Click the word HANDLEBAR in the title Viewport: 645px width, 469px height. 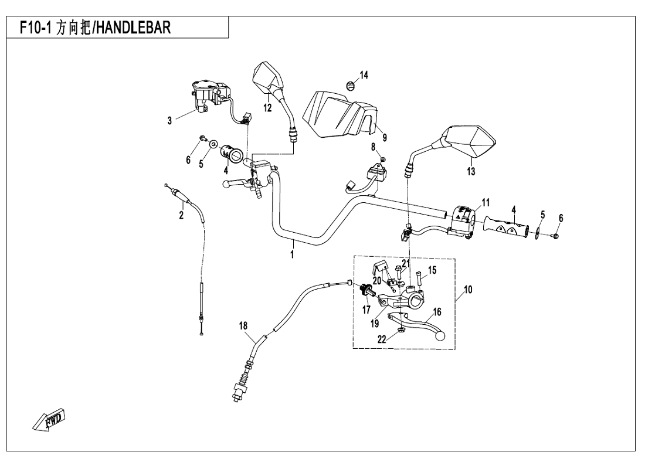pyautogui.click(x=128, y=28)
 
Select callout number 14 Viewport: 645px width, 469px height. pyautogui.click(x=364, y=74)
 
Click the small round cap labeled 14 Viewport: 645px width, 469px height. pyautogui.click(x=351, y=86)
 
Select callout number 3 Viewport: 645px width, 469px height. pyautogui.click(x=169, y=121)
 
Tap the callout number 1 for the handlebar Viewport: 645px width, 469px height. pyautogui.click(x=291, y=255)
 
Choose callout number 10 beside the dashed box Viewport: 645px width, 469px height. pyautogui.click(x=467, y=289)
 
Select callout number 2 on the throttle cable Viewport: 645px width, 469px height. pyautogui.click(x=181, y=216)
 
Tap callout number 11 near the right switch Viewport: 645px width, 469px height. pyautogui.click(x=485, y=203)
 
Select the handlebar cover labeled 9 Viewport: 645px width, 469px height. pyautogui.click(x=340, y=114)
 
